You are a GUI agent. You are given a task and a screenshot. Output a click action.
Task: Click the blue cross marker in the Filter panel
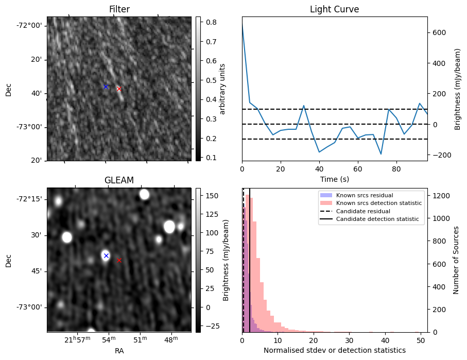pyautogui.click(x=106, y=87)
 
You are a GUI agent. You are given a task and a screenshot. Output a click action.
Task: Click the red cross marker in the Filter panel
pyautogui.click(x=119, y=89)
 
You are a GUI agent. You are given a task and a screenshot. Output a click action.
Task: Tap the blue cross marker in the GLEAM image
pyautogui.click(x=106, y=255)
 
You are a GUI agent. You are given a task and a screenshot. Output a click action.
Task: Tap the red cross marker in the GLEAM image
pyautogui.click(x=119, y=260)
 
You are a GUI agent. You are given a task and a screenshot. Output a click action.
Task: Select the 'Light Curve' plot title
pyautogui.click(x=334, y=9)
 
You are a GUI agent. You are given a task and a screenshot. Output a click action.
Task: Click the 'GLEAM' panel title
pyautogui.click(x=119, y=180)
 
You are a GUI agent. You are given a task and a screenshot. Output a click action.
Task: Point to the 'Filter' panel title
pyautogui.click(x=119, y=9)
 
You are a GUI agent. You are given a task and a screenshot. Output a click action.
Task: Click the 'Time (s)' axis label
pyautogui.click(x=334, y=179)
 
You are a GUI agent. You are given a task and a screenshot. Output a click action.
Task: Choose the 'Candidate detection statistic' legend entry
pyautogui.click(x=377, y=219)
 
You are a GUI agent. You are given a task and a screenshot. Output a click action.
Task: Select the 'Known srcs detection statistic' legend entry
pyautogui.click(x=378, y=203)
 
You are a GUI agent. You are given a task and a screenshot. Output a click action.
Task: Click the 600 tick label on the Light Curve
pyautogui.click(x=439, y=32)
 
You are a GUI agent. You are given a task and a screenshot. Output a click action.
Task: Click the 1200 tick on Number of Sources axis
pyautogui.click(x=441, y=196)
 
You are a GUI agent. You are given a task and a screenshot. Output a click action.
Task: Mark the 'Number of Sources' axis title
pyautogui.click(x=456, y=260)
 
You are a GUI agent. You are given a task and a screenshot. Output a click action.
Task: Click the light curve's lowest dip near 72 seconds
pyautogui.click(x=381, y=153)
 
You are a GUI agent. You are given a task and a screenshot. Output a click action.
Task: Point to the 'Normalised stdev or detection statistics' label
pyautogui.click(x=334, y=350)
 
